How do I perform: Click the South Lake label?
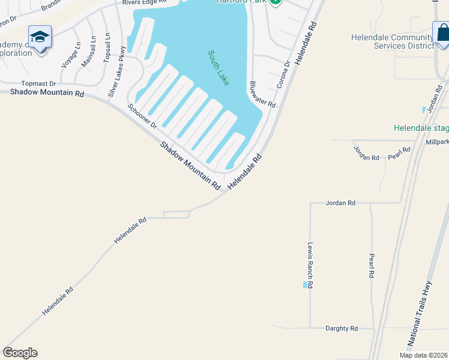[218, 68]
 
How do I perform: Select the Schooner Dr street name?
[142, 116]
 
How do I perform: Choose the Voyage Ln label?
[70, 55]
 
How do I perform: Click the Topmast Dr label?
[38, 83]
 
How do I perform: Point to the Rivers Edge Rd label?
[143, 3]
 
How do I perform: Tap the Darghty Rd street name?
[342, 328]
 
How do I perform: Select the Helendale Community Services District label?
[393, 41]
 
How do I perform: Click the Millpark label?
[436, 142]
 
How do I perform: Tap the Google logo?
[20, 353]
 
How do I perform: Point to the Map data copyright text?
[423, 355]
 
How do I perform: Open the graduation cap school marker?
[40, 38]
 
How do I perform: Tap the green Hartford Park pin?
[275, 2]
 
